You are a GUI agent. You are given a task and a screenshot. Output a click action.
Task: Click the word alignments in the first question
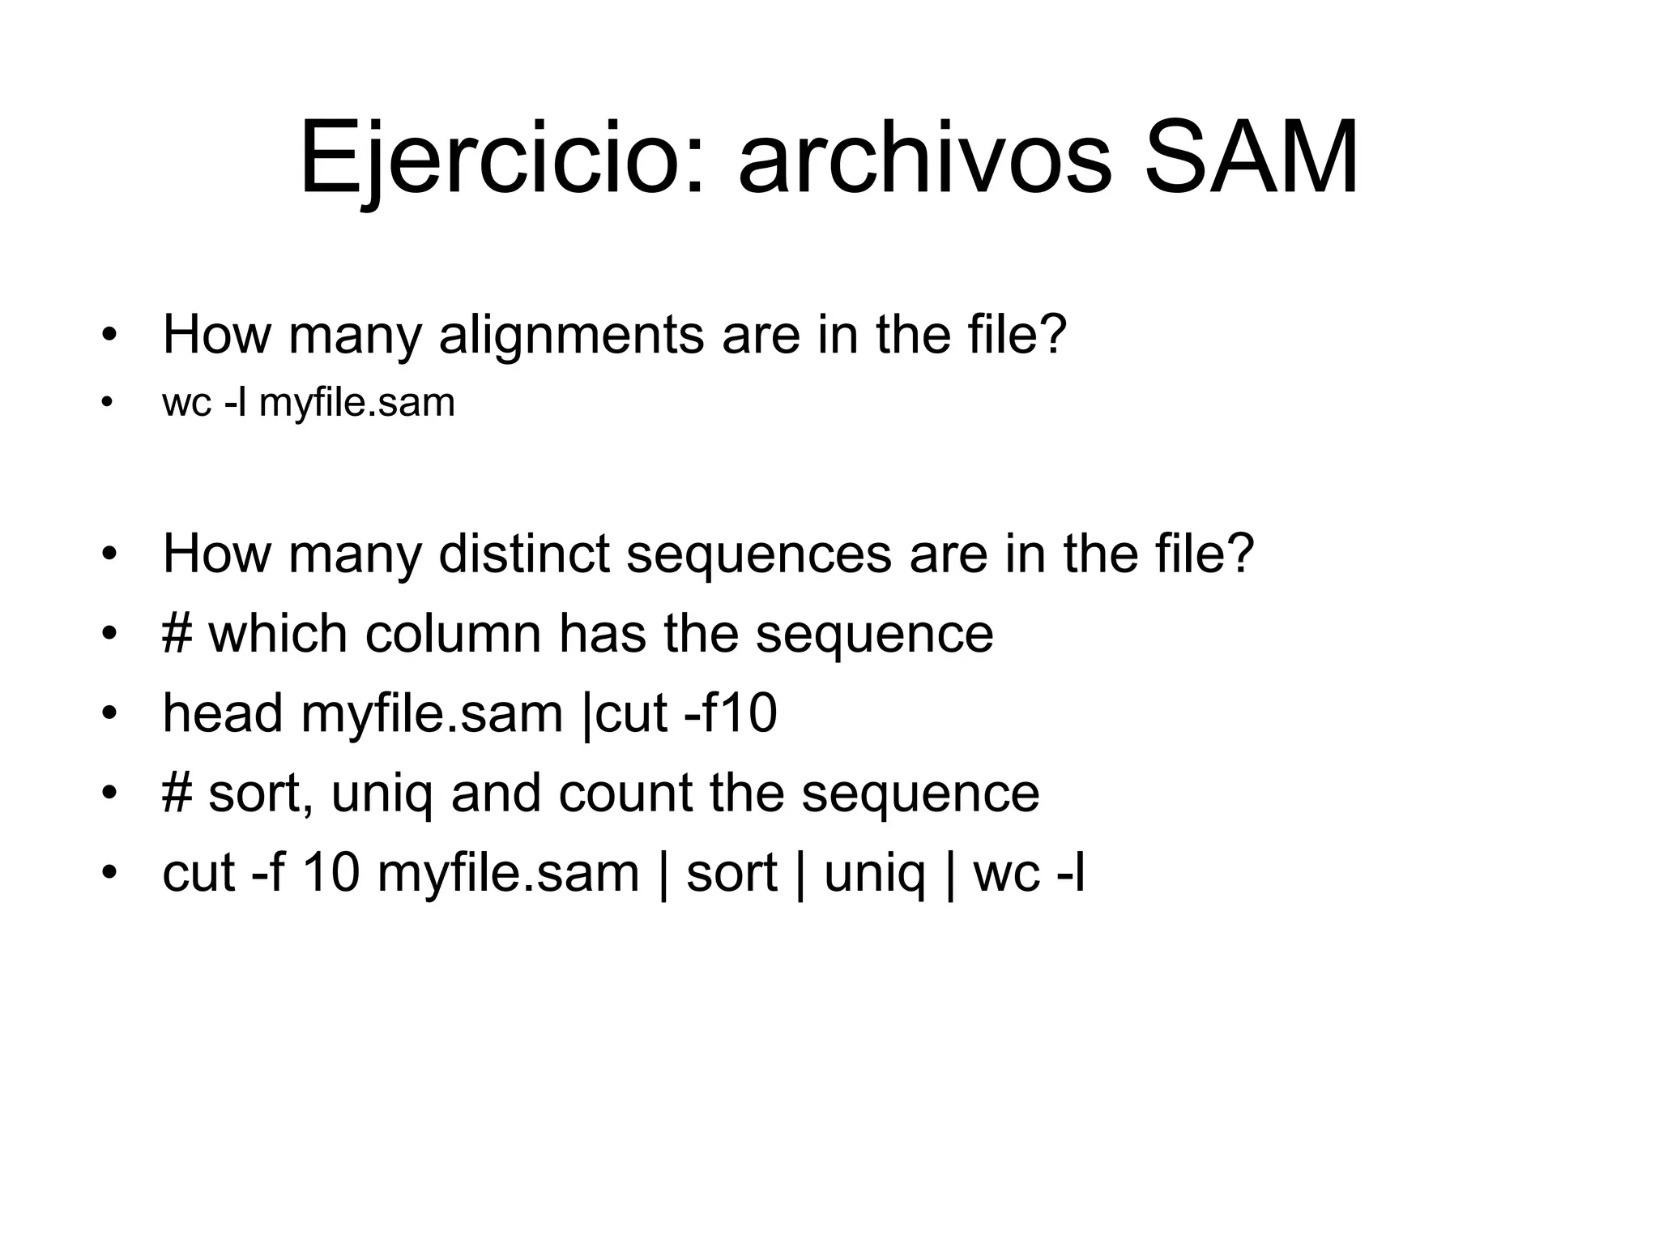pos(571,334)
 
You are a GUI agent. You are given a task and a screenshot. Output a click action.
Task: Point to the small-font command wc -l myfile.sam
pos(309,403)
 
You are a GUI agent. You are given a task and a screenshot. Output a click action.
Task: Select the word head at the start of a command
pos(223,713)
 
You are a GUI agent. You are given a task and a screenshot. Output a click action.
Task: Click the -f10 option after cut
pos(730,713)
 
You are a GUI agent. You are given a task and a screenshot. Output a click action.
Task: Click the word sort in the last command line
pos(731,873)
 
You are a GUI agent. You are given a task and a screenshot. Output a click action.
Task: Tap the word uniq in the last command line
pos(873,873)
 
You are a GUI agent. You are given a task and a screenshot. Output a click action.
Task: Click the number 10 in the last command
pos(331,873)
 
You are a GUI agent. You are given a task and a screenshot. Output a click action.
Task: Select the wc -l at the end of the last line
pos(1029,873)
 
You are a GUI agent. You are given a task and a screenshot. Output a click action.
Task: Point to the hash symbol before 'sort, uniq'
pos(177,793)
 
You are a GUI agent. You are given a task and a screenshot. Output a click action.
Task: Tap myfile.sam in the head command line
pos(431,713)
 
